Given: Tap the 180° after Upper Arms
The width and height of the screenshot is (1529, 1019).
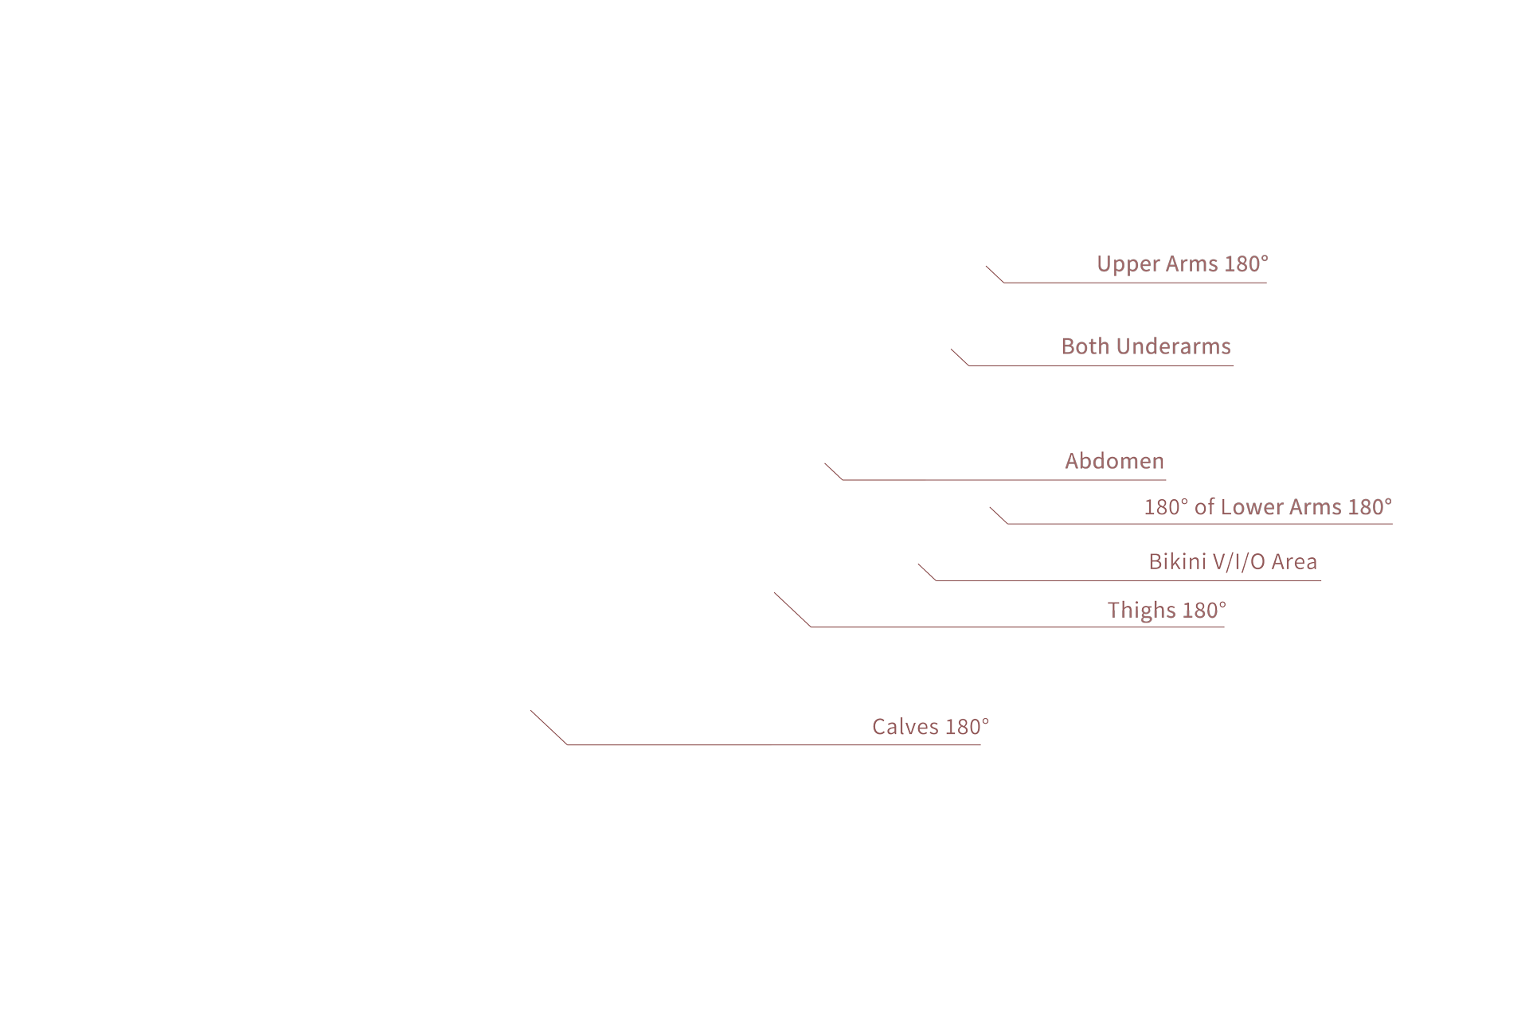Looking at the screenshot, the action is tap(1246, 264).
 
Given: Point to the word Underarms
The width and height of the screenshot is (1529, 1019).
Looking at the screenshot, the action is tap(1174, 346).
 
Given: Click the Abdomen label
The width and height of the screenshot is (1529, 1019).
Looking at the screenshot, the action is tap(1115, 461).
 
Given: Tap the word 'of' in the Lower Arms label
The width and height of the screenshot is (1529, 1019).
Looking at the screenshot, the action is tap(1204, 507).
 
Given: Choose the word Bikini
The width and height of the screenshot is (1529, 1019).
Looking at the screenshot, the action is tap(1178, 562).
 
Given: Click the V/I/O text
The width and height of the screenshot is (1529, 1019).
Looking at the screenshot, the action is tap(1239, 562).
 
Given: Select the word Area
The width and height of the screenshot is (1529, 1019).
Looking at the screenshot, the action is tap(1294, 562).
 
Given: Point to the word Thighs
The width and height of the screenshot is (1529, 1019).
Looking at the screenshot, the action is tap(1142, 611).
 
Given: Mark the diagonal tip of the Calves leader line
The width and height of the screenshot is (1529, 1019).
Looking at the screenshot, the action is tap(530, 710).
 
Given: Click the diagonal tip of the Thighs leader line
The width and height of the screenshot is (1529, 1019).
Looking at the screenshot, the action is tap(774, 592).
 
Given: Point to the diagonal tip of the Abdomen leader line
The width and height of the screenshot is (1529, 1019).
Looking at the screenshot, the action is tap(824, 463).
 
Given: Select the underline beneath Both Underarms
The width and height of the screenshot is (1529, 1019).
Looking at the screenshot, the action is tap(1101, 365).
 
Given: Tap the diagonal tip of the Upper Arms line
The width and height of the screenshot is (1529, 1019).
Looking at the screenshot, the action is tap(986, 266).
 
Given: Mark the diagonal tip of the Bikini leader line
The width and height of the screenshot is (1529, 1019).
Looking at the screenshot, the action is tap(918, 564).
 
